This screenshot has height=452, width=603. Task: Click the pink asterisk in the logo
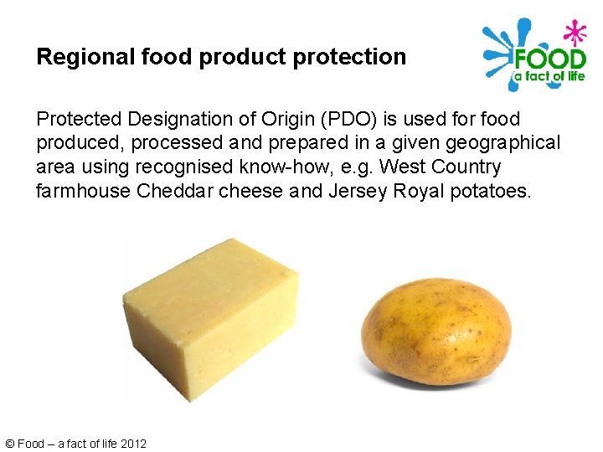[x=573, y=33]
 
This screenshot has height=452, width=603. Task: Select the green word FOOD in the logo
[x=549, y=59]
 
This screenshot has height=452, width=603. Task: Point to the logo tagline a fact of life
[x=549, y=77]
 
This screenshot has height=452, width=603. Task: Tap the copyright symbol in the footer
[x=9, y=444]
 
